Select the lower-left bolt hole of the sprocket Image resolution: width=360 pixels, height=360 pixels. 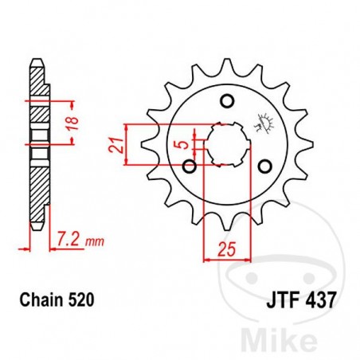click(190, 166)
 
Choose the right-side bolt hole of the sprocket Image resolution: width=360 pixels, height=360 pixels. click(265, 166)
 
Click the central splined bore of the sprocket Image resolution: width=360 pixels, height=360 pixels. click(226, 143)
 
